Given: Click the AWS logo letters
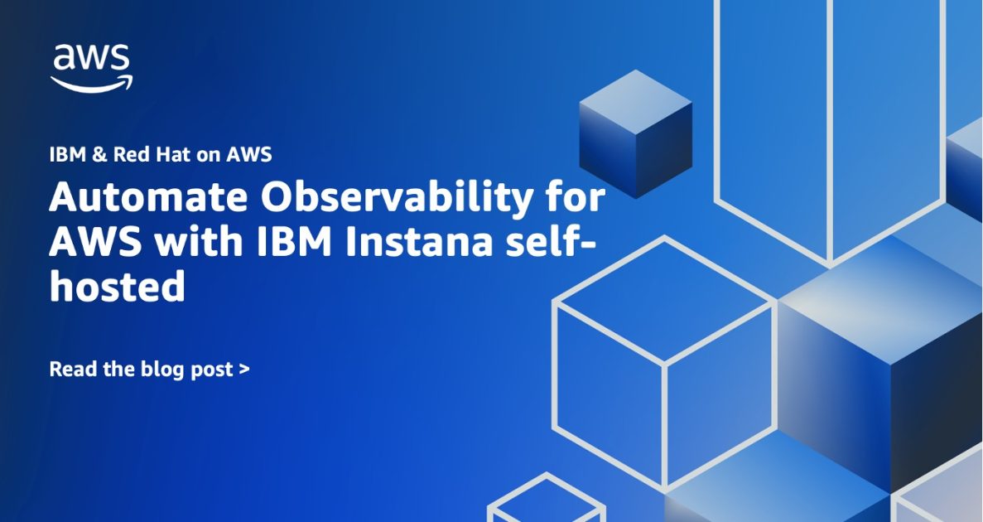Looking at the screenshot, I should [91, 59].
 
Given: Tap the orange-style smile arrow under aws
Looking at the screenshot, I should [92, 83].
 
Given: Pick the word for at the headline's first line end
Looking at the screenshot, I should [576, 200].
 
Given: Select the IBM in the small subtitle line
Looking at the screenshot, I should [67, 154].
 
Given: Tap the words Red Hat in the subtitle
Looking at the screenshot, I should [147, 154].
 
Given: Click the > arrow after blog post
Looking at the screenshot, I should [243, 370].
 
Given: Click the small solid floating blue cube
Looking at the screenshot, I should [635, 134].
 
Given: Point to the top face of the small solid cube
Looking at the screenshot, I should [635, 102].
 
